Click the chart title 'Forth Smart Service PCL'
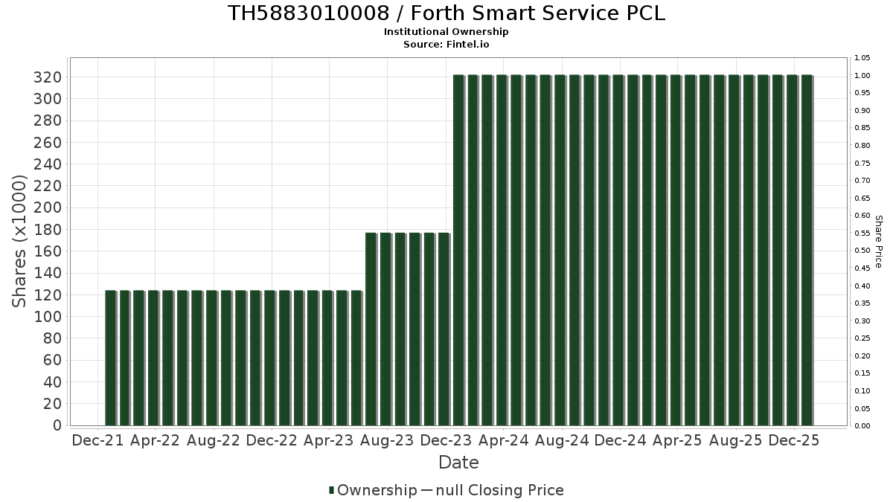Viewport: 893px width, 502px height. point(446,13)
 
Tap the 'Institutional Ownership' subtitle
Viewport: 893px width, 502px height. point(446,32)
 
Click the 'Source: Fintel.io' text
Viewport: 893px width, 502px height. point(446,44)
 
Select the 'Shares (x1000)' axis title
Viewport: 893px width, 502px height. point(20,242)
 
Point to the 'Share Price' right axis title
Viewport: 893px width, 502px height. point(878,242)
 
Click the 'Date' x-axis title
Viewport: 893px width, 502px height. point(458,463)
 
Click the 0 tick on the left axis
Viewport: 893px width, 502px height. point(57,425)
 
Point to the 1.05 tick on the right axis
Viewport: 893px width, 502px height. point(862,58)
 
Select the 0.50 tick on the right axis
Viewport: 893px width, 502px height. point(862,251)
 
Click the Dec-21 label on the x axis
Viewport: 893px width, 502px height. point(97,440)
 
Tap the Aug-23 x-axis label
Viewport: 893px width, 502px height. point(387,440)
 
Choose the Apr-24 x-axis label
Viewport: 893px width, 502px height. point(504,440)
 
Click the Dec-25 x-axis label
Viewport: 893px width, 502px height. point(794,440)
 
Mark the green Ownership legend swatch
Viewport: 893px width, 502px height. point(331,490)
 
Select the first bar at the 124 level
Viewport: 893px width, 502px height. point(110,357)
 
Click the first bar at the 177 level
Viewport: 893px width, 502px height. point(371,329)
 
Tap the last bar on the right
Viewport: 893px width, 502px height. point(806,250)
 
